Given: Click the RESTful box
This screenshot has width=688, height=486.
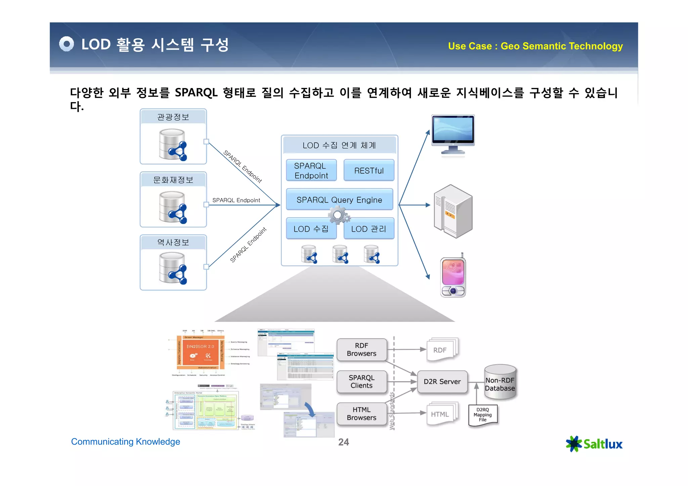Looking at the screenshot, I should pyautogui.click(x=369, y=170).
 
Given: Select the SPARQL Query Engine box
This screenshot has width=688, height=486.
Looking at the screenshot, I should pyautogui.click(x=339, y=200).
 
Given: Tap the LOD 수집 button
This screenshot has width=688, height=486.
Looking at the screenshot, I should pyautogui.click(x=311, y=229).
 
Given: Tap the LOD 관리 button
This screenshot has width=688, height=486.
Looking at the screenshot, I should pyautogui.click(x=369, y=229).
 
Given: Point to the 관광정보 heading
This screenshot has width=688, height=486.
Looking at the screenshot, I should pyautogui.click(x=173, y=117).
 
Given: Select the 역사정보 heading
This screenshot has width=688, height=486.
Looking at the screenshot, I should pyautogui.click(x=173, y=242).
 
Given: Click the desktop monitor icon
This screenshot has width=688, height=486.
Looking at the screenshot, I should pyautogui.click(x=453, y=134).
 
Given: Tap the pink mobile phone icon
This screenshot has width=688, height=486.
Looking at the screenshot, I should pyautogui.click(x=453, y=277).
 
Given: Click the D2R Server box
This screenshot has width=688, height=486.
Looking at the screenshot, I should pyautogui.click(x=442, y=382).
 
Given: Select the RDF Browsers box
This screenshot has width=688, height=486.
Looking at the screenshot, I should pyautogui.click(x=361, y=350).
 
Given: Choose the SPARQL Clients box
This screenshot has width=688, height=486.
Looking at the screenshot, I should pyautogui.click(x=361, y=382).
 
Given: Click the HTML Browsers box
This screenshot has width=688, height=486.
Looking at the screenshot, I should pyautogui.click(x=361, y=413).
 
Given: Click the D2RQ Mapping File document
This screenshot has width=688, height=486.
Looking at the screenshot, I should pyautogui.click(x=483, y=415).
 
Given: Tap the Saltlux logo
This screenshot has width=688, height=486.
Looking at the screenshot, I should pyautogui.click(x=594, y=444).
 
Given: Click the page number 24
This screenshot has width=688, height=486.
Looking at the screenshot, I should pyautogui.click(x=343, y=442).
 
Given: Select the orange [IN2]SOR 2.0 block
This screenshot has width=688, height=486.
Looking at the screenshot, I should pyautogui.click(x=200, y=351).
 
